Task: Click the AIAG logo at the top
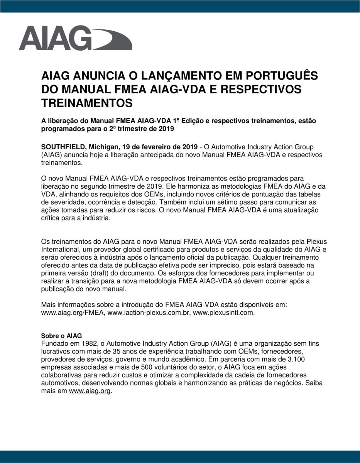[75, 38]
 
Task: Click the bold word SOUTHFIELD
[63, 147]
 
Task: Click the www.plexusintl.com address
[224, 313]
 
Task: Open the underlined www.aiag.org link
[90, 391]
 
